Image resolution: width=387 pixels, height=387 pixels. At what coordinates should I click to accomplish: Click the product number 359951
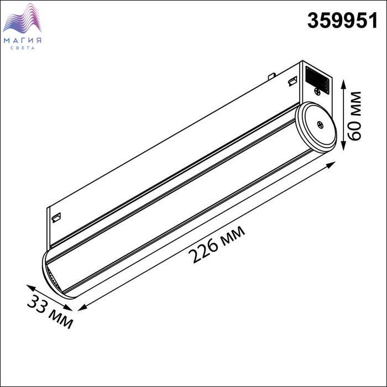click(x=342, y=21)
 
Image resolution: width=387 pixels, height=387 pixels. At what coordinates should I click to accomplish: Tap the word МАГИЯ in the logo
click(x=23, y=40)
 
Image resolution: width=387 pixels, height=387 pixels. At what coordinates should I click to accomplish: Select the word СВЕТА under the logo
click(x=23, y=48)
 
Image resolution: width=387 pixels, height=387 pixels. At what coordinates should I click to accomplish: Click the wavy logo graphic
click(x=22, y=19)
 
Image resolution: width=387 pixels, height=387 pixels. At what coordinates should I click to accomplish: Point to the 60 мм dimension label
click(x=354, y=116)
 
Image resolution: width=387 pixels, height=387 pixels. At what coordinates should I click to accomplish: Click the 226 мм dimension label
click(x=217, y=244)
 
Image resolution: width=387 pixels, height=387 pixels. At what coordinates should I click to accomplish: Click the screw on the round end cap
click(x=320, y=125)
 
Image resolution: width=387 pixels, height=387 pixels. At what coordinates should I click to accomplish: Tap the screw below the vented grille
click(x=318, y=92)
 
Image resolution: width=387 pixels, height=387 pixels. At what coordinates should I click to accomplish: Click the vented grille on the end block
click(x=317, y=80)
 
